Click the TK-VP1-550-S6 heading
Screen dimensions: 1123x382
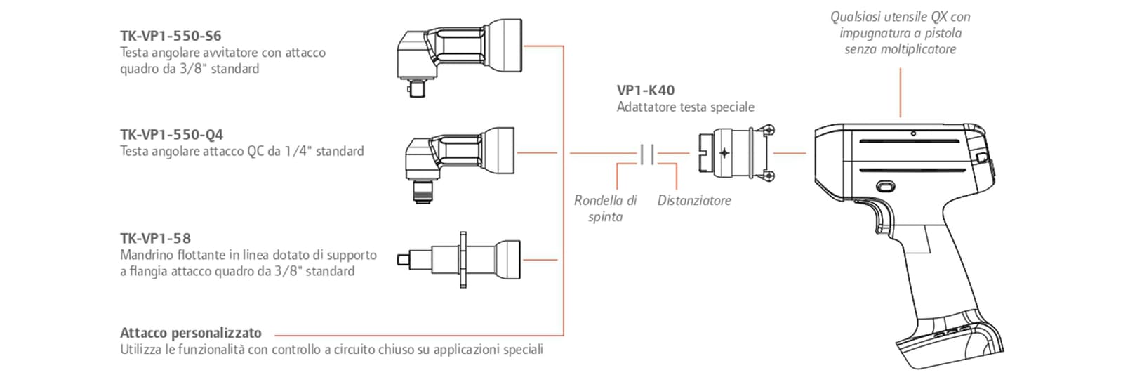point(171,36)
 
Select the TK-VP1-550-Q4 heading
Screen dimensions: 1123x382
point(171,135)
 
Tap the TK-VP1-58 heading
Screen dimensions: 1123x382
point(155,239)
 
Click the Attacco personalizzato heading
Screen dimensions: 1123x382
point(190,333)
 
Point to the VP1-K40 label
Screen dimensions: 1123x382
point(646,91)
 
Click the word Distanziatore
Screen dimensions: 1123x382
point(694,201)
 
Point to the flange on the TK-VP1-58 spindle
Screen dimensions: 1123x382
point(463,260)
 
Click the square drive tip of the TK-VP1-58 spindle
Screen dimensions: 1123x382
point(403,260)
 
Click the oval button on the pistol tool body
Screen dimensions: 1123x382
point(886,187)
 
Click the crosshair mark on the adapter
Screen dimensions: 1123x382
point(724,153)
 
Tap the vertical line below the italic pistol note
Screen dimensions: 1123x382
point(901,93)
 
